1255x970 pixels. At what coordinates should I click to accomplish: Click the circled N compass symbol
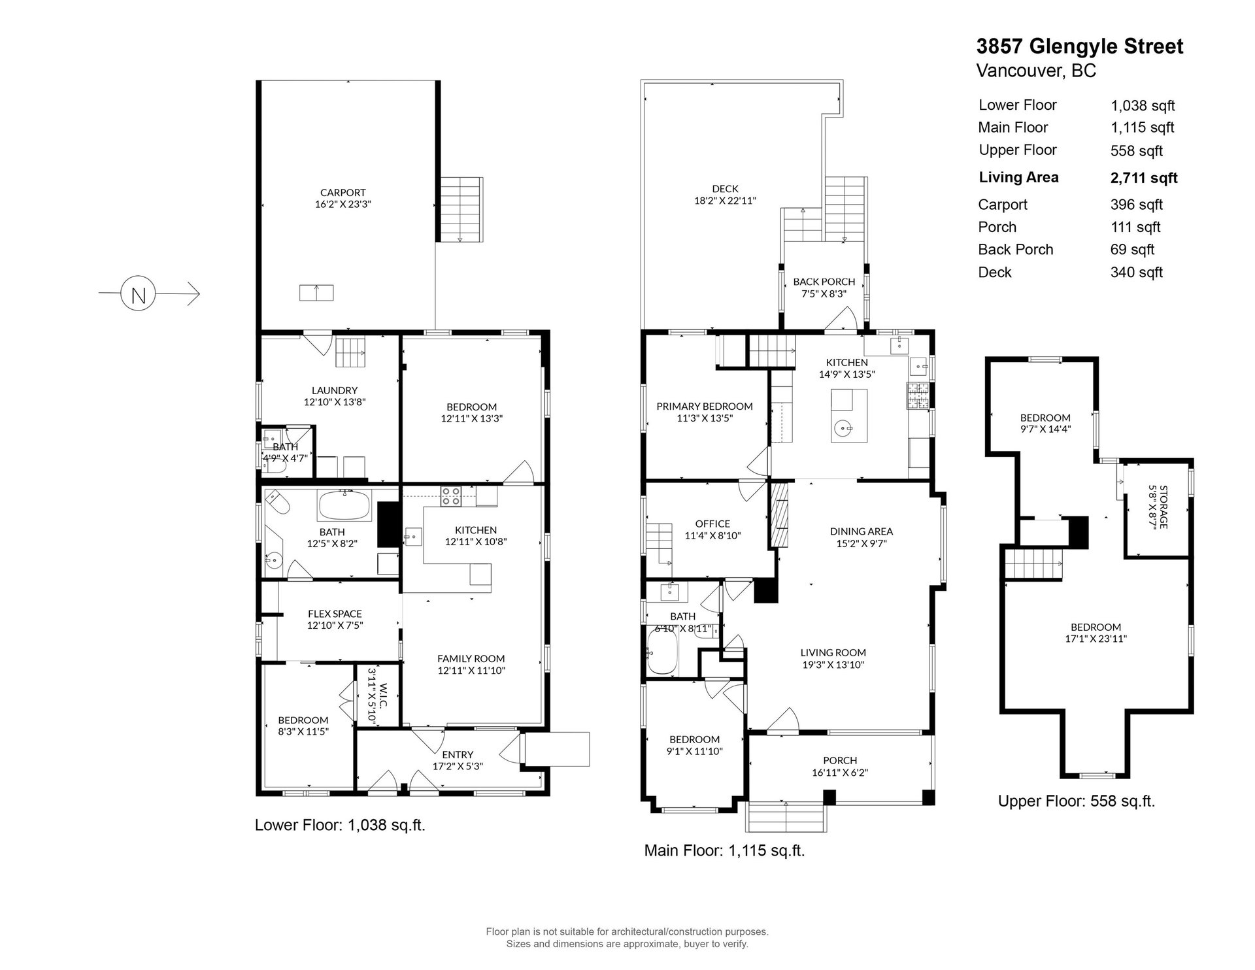tap(138, 294)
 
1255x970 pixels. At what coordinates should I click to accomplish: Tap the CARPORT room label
tap(343, 193)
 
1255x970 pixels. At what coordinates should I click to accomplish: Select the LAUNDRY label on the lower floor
tap(334, 390)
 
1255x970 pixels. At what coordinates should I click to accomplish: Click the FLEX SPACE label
tap(335, 614)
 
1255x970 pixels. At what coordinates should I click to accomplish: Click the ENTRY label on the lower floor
tap(458, 754)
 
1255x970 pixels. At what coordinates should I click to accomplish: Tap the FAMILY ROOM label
tap(471, 659)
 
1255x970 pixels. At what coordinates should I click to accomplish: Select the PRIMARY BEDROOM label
tap(705, 407)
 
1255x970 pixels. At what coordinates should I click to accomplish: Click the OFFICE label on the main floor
tap(712, 524)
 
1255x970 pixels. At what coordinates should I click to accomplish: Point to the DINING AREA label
tap(862, 531)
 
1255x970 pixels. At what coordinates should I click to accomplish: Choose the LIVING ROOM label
tap(833, 652)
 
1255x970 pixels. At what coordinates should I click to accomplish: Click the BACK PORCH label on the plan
tap(824, 282)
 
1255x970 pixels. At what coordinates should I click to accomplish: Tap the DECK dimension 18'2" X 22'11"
tap(725, 201)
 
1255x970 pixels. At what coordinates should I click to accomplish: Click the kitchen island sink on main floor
tap(843, 429)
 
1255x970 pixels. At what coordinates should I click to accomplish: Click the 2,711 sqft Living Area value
tap(1144, 178)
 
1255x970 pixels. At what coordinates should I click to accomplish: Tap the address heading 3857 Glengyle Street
tap(1080, 46)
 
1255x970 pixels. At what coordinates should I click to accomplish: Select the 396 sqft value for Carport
tap(1137, 205)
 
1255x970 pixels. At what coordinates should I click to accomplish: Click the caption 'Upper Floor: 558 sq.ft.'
tap(1077, 801)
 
